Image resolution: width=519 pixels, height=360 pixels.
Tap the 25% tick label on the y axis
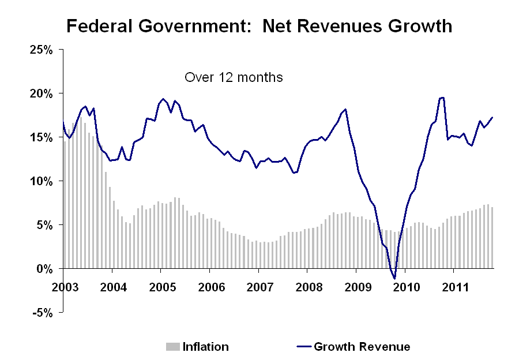42,50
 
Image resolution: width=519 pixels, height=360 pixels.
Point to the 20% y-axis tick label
42,93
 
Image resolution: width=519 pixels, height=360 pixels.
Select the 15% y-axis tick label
42,137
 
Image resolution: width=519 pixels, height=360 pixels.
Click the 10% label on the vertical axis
42,181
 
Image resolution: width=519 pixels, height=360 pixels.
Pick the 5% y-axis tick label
45,225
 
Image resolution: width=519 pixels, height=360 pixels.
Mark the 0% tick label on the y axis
45,269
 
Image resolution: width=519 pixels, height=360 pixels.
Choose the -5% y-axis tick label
43,313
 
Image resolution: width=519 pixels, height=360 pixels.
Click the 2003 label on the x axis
63,287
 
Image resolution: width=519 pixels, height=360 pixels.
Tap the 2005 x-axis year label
160,287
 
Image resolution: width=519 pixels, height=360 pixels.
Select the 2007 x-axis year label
258,287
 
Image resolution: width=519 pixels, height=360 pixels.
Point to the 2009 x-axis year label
356,287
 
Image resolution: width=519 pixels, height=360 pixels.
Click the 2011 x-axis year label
453,287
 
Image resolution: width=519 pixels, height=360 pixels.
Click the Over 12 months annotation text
234,77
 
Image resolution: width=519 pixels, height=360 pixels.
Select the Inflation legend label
206,347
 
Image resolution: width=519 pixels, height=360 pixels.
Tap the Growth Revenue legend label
362,347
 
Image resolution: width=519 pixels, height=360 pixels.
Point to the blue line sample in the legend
303,347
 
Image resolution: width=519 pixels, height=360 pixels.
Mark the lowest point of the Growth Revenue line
395,279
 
